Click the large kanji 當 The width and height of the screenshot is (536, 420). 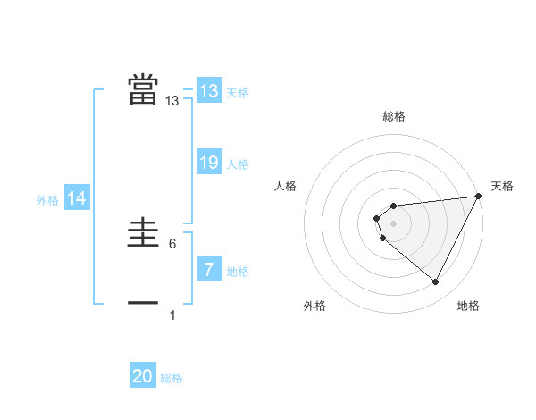point(143,89)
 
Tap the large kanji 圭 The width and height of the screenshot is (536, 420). point(143,234)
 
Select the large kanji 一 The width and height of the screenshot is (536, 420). point(143,304)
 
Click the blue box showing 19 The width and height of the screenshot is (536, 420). point(209,163)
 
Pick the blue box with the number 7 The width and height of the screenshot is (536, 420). point(209,269)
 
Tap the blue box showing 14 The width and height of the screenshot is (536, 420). point(77,199)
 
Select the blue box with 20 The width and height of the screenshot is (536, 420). point(143,376)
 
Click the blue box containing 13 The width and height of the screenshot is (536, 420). point(209,91)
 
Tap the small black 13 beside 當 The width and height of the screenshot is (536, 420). point(172,102)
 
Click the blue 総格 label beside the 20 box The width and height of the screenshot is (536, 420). point(172,378)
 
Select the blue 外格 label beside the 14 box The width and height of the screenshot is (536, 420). point(47,200)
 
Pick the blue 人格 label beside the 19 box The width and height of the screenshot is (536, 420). point(238,164)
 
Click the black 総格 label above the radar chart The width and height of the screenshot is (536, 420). point(394,116)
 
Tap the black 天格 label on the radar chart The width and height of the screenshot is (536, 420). point(503,186)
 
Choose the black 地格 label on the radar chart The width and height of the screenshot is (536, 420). point(468,306)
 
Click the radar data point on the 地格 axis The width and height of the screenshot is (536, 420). point(436,282)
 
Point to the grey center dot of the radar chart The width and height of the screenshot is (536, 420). point(394,223)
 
